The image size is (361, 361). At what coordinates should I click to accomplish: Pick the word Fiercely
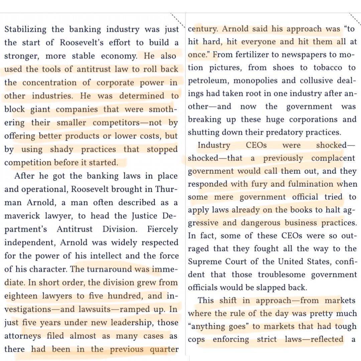(x=163, y=229)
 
